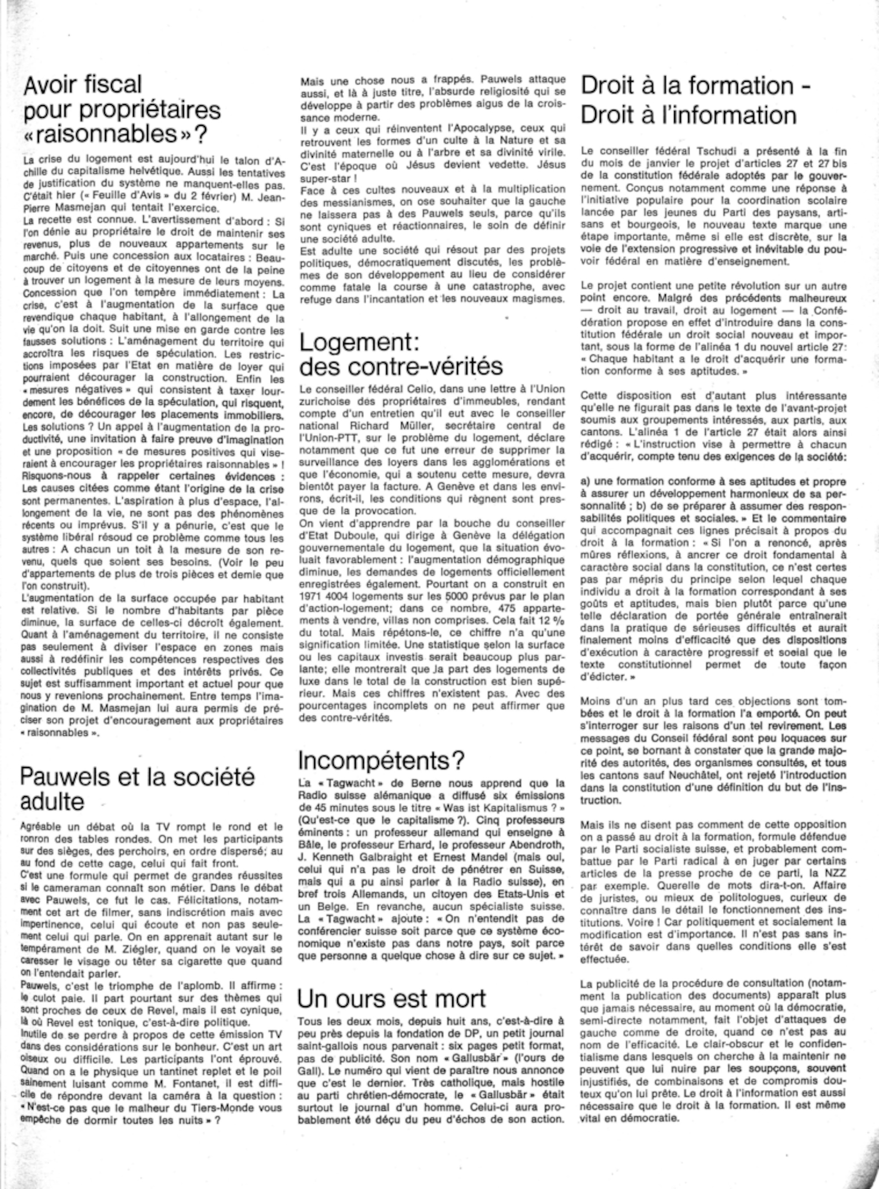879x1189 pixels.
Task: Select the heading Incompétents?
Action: (x=381, y=760)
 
